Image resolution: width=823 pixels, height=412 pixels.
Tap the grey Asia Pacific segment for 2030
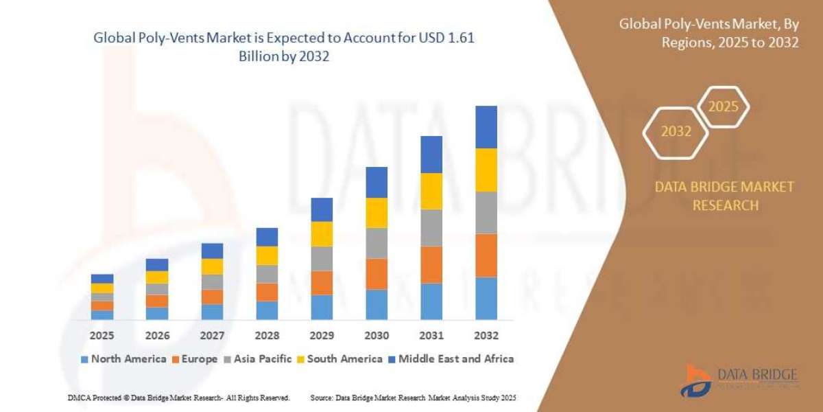(377, 242)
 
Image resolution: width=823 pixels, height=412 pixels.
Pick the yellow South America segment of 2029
(322, 233)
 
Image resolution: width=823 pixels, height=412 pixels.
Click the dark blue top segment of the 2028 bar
(267, 237)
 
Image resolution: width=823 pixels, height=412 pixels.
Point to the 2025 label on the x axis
(102, 336)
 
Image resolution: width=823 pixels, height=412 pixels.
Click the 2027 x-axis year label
(212, 336)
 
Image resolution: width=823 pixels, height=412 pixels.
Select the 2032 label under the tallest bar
(486, 336)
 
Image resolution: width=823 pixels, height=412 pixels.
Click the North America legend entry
(123, 358)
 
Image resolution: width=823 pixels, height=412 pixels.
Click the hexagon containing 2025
(722, 107)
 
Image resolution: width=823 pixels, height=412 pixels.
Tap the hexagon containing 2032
(676, 131)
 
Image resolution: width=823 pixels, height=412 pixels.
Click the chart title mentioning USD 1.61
(284, 47)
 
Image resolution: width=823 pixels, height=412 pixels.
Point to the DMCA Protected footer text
(178, 398)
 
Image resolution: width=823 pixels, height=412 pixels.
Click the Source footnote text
(413, 398)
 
